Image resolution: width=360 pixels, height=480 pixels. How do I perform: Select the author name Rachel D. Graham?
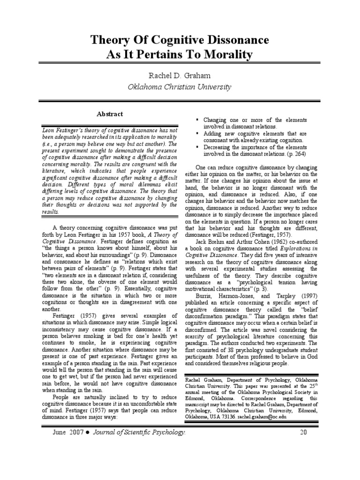(x=180, y=76)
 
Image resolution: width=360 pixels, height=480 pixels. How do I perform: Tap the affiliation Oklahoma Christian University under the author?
(x=180, y=87)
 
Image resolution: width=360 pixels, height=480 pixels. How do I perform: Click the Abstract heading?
(x=110, y=114)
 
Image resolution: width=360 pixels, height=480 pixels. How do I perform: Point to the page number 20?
(x=303, y=432)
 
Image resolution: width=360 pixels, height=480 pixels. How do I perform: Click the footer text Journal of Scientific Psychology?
(x=147, y=432)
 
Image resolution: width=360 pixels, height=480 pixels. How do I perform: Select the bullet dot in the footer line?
(x=95, y=432)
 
